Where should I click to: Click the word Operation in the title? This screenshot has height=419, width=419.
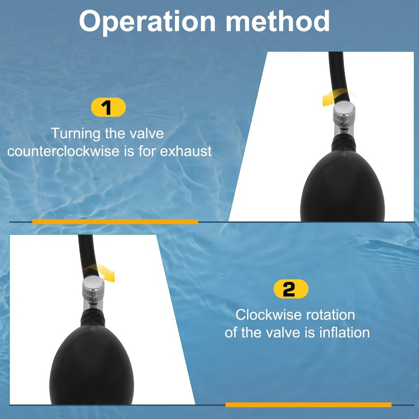coord(147,22)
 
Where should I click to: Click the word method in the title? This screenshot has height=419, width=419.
coord(278,21)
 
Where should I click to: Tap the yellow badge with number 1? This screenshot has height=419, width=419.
coord(108,107)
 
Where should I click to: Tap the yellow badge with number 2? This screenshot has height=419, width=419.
coord(291,289)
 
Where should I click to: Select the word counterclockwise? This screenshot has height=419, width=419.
coord(63,151)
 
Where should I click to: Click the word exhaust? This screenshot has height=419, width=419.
coord(186,151)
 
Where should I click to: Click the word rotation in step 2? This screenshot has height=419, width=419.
coord(330,315)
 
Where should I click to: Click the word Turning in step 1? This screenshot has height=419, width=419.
coord(75,134)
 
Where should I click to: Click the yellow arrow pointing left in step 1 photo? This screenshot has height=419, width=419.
coord(337,97)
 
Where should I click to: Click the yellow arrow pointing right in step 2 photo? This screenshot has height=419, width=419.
coord(101,271)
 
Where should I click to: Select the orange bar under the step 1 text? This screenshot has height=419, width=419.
coord(115,222)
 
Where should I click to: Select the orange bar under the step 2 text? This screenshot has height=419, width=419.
coord(308,404)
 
